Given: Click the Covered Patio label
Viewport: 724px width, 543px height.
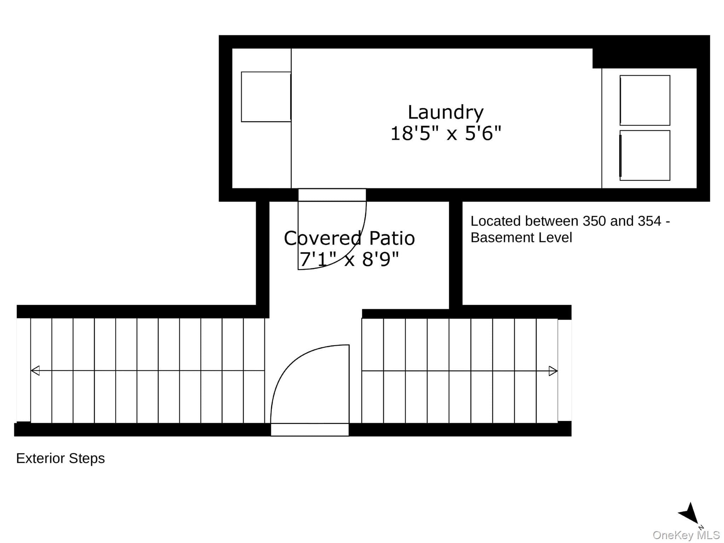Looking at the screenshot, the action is coord(349,238).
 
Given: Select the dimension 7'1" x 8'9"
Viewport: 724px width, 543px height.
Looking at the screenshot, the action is coord(349,259).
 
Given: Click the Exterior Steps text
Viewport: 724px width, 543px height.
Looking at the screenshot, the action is coord(60,458).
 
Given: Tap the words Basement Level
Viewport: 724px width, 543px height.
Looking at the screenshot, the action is coord(521,237).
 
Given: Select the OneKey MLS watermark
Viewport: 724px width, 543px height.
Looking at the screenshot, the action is coord(686,535).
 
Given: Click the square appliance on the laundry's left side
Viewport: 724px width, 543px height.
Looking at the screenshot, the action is coord(266,97).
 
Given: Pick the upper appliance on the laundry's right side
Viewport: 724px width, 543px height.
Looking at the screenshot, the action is coord(645,100).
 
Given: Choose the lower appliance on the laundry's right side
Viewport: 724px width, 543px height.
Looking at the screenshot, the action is coord(645,155).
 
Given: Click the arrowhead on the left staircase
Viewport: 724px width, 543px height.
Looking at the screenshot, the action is coord(35,371).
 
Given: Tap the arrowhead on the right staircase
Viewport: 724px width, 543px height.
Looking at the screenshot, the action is coord(553,371).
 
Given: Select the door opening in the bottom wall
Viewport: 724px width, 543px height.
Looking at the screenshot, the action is coord(310,429).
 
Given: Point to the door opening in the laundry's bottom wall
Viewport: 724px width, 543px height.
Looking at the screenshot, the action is coord(332,195).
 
